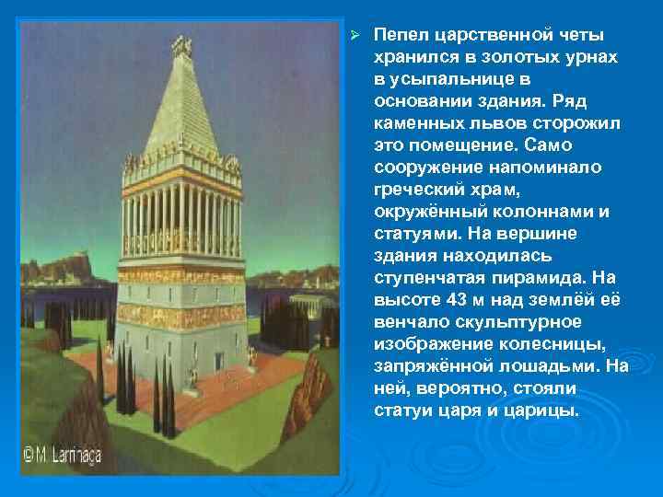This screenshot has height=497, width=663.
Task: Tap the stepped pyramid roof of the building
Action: point(181,110)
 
